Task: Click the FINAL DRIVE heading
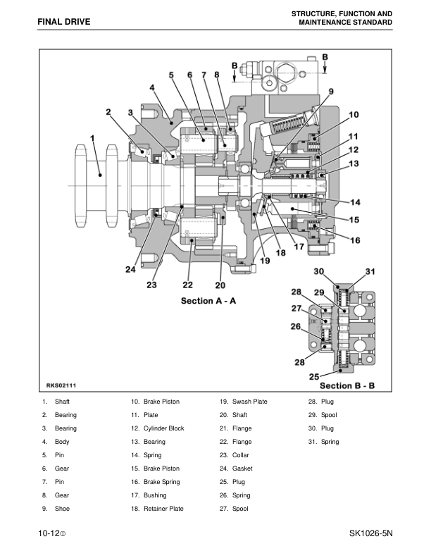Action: pos(64,23)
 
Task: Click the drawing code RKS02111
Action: pos(61,385)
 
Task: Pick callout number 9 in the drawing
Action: pos(330,91)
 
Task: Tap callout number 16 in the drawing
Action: pos(354,240)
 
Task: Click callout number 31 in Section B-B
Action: pos(370,273)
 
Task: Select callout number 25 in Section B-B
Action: pos(315,377)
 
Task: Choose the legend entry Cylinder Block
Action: pos(163,428)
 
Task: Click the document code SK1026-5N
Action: pos(370,533)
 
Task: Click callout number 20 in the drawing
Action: pos(220,285)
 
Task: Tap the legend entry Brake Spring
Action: pos(161,482)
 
